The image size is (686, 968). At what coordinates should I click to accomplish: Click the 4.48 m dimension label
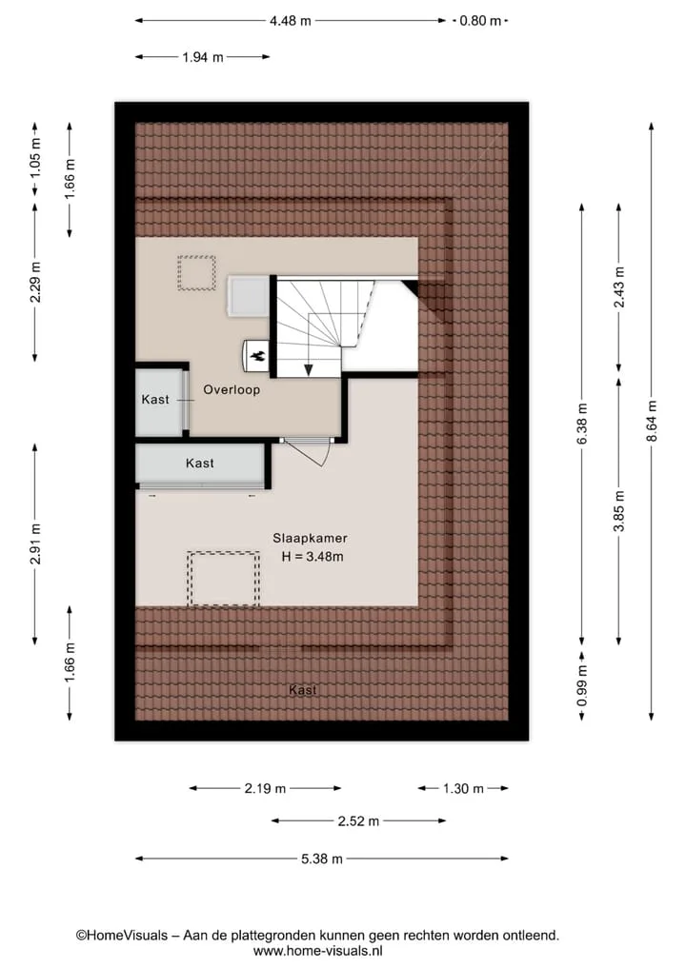pos(291,21)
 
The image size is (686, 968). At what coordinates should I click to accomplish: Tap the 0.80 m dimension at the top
pos(480,21)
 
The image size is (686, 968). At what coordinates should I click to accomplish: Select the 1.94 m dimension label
pos(203,57)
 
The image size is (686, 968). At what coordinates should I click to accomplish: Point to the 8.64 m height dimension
pos(652,421)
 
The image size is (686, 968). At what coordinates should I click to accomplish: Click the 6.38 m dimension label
pos(581,424)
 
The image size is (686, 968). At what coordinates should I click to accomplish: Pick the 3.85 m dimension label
pos(619,510)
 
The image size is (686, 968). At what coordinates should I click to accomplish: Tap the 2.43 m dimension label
pos(619,287)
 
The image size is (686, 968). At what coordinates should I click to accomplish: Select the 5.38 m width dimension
pos(321,859)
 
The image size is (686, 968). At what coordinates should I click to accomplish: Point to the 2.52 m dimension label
pos(358,821)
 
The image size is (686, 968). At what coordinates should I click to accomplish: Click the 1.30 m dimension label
pos(463,788)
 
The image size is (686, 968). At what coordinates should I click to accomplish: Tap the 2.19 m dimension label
pos(265,788)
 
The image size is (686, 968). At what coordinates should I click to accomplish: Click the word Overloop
pos(232,389)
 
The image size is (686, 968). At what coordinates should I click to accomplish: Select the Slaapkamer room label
pos(311,539)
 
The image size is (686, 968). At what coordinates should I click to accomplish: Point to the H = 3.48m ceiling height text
pos(313,557)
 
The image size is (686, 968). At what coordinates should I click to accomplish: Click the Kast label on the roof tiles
pos(303,690)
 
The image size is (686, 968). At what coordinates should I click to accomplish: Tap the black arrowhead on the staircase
pos(309,370)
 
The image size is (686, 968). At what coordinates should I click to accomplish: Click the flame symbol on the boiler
pos(257,356)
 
